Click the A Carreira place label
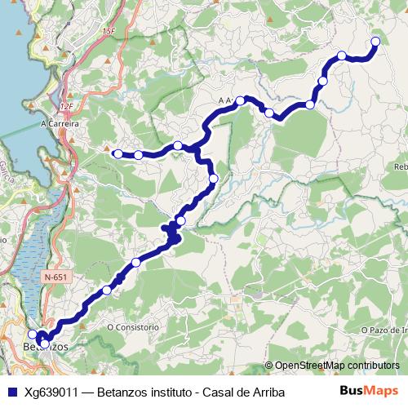point(59,124)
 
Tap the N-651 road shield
point(56,277)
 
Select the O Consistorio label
point(133,326)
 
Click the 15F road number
point(111,31)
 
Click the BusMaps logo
point(368,392)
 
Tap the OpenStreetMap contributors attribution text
point(335,366)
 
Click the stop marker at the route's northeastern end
point(376,42)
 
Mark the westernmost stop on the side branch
point(118,153)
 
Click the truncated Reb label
point(401,166)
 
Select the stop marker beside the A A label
point(242,100)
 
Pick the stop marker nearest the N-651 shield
point(107,290)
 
